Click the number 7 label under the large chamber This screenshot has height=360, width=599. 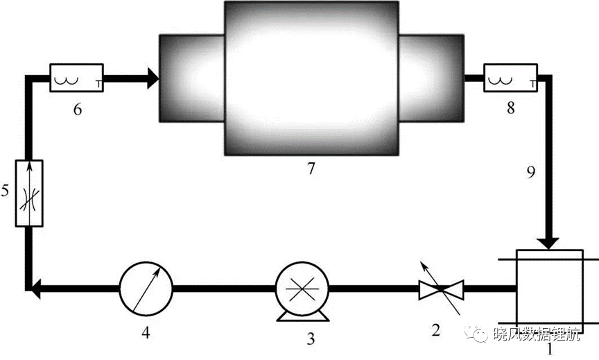pos(311,168)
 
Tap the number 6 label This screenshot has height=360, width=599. pos(78,110)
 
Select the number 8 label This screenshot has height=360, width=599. pos(511,108)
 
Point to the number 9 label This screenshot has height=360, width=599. pos(531,172)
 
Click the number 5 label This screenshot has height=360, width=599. pos(5,190)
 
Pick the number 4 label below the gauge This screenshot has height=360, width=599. pos(146,332)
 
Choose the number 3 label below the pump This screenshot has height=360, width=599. pos(311,338)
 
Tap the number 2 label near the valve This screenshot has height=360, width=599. pos(436,329)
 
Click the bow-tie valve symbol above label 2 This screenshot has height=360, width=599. pos(441,289)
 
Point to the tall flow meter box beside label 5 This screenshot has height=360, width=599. pos(29,194)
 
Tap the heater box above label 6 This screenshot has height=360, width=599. pos(77,78)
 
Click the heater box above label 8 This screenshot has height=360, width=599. pos(511,78)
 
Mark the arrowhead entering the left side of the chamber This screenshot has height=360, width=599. pos(153,78)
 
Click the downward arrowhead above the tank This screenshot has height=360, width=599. pos(548,243)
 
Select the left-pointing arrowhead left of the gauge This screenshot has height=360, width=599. pos(35,289)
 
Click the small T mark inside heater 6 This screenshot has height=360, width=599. pos(98,84)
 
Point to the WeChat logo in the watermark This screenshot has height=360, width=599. pos(476,333)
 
